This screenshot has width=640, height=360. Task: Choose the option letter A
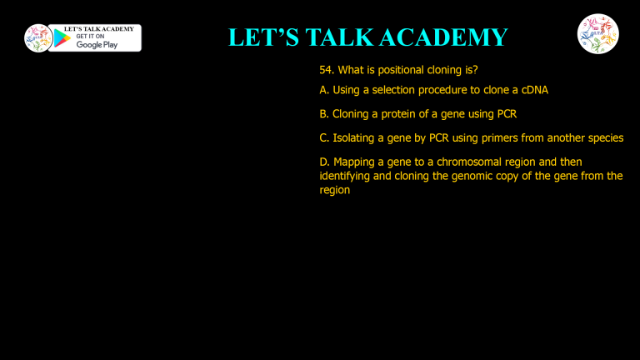[x=323, y=89]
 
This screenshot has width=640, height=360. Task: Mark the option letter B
[x=323, y=113]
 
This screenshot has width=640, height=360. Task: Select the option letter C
[x=323, y=137]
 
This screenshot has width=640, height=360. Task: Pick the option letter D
[x=323, y=162]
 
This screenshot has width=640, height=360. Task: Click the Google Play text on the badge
[x=97, y=45]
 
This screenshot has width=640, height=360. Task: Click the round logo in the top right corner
[x=597, y=34]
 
